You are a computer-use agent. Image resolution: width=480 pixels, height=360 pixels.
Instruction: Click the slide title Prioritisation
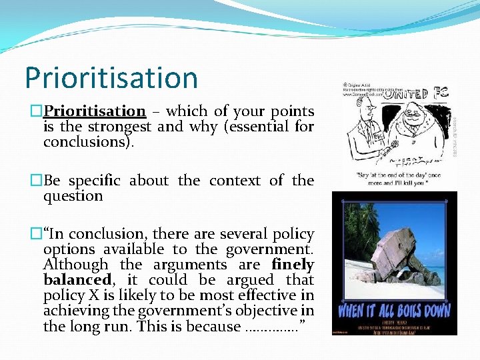[x=111, y=78]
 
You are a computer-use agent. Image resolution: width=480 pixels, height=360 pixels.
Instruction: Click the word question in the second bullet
[x=73, y=196]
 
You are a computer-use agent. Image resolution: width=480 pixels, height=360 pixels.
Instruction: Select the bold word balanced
[x=72, y=280]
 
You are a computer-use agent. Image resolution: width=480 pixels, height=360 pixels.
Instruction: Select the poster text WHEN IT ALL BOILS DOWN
[x=394, y=311]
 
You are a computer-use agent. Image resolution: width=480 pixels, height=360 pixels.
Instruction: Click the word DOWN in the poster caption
[x=434, y=311]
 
